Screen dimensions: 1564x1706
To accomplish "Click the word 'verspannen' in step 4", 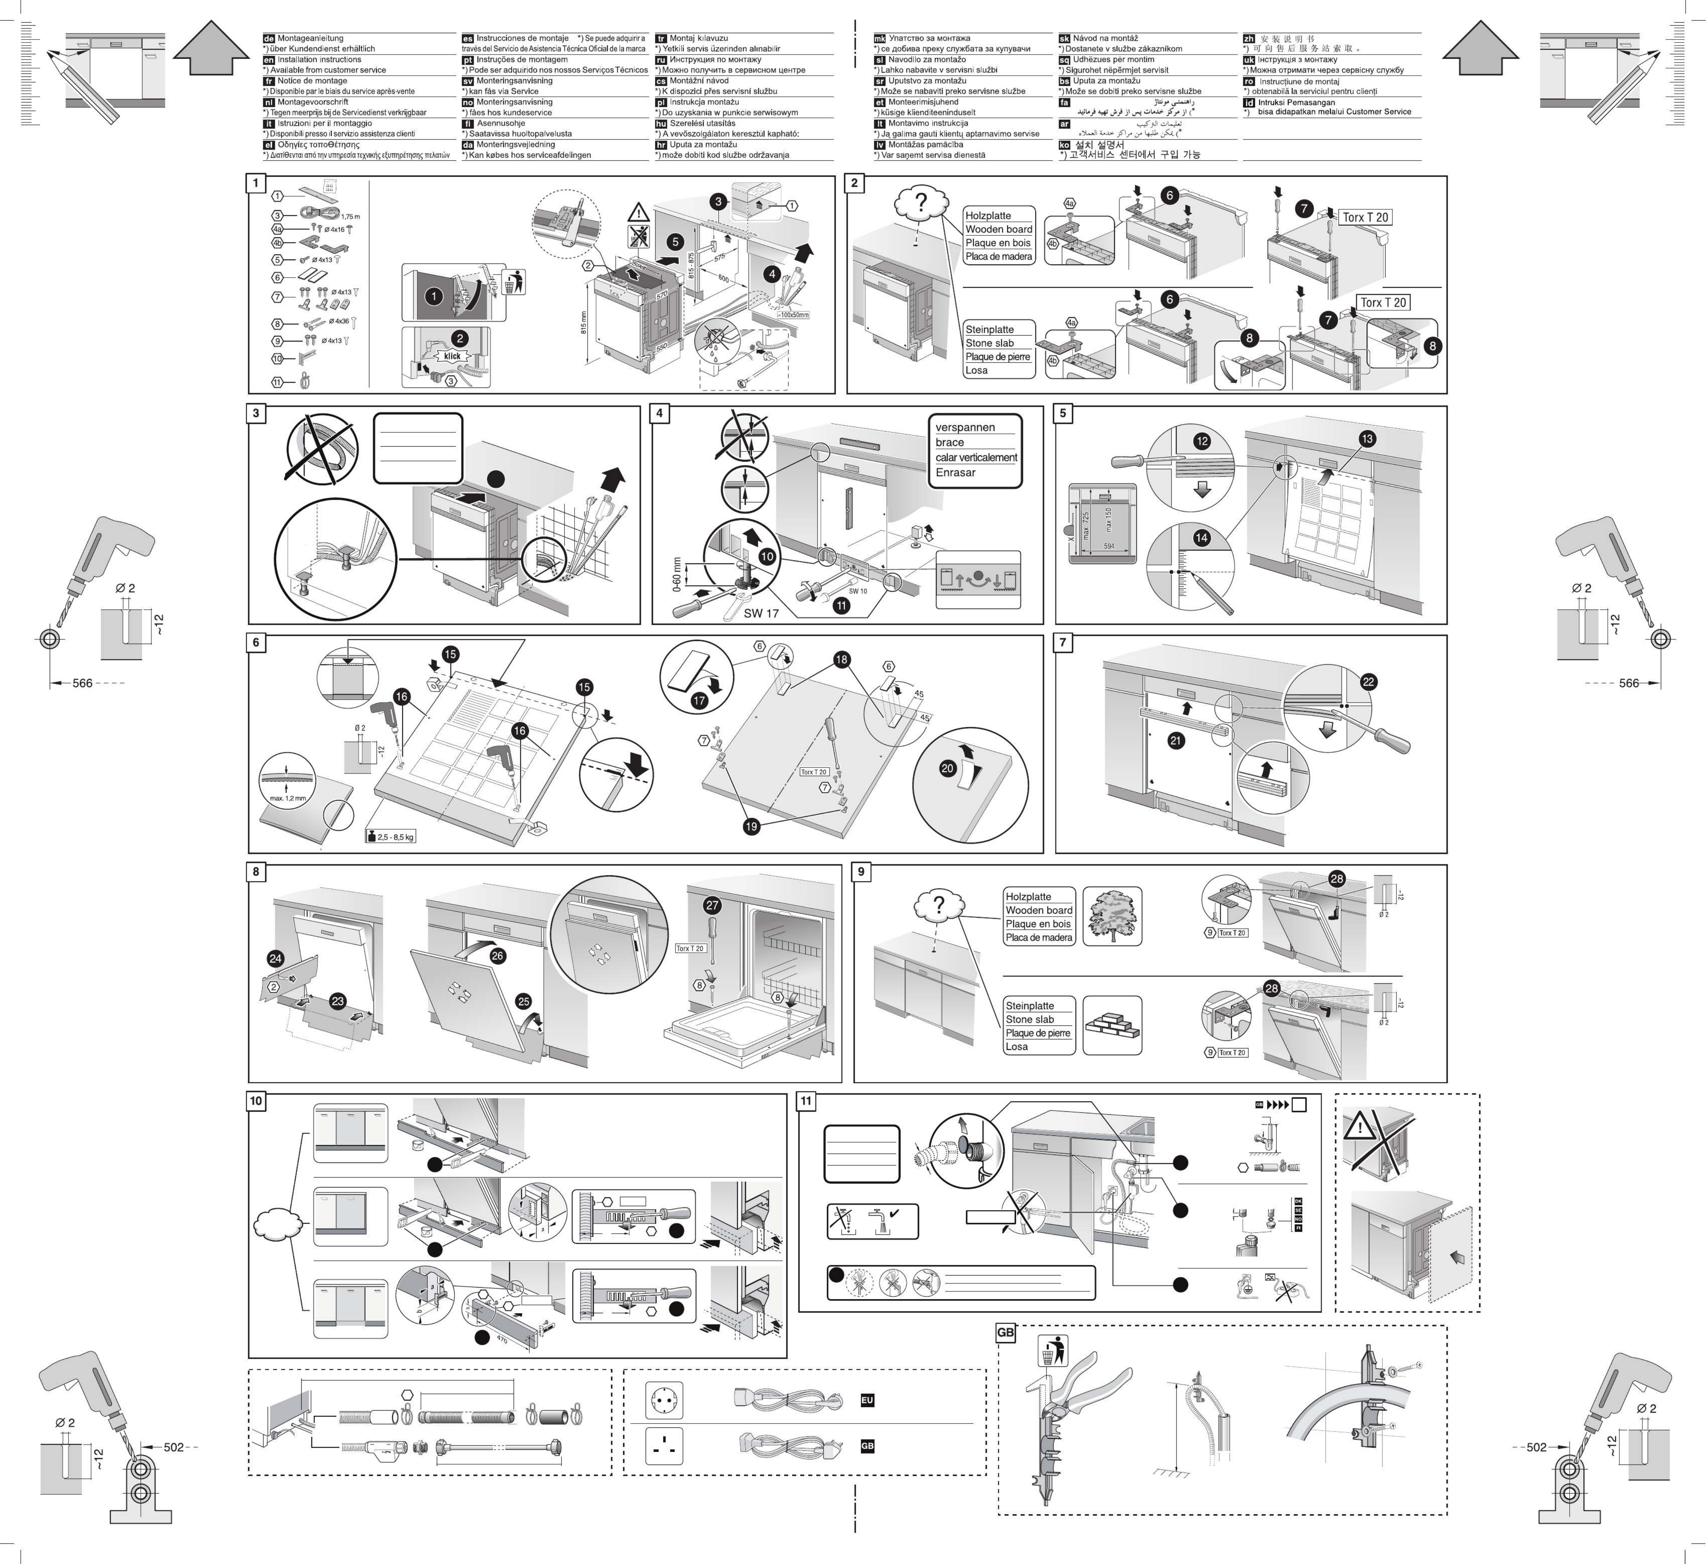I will coord(965,427).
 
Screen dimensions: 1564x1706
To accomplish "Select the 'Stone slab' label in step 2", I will coord(989,343).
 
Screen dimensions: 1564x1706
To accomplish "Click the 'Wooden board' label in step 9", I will coord(1038,910).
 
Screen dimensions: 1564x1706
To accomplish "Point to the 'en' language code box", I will coord(269,60).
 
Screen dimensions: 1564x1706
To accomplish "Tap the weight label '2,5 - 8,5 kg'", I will coord(391,837).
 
